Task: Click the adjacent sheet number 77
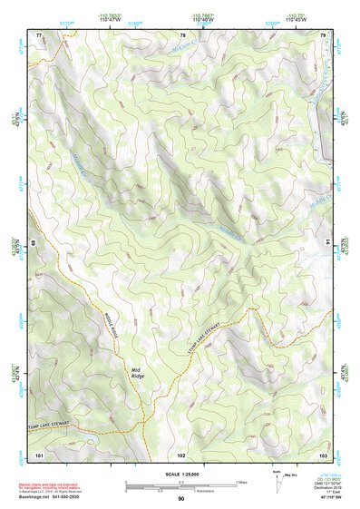40,34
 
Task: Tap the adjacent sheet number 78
181,34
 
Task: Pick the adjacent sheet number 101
40,453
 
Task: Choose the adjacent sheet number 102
181,453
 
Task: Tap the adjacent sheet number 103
323,453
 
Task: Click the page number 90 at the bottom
181,499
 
